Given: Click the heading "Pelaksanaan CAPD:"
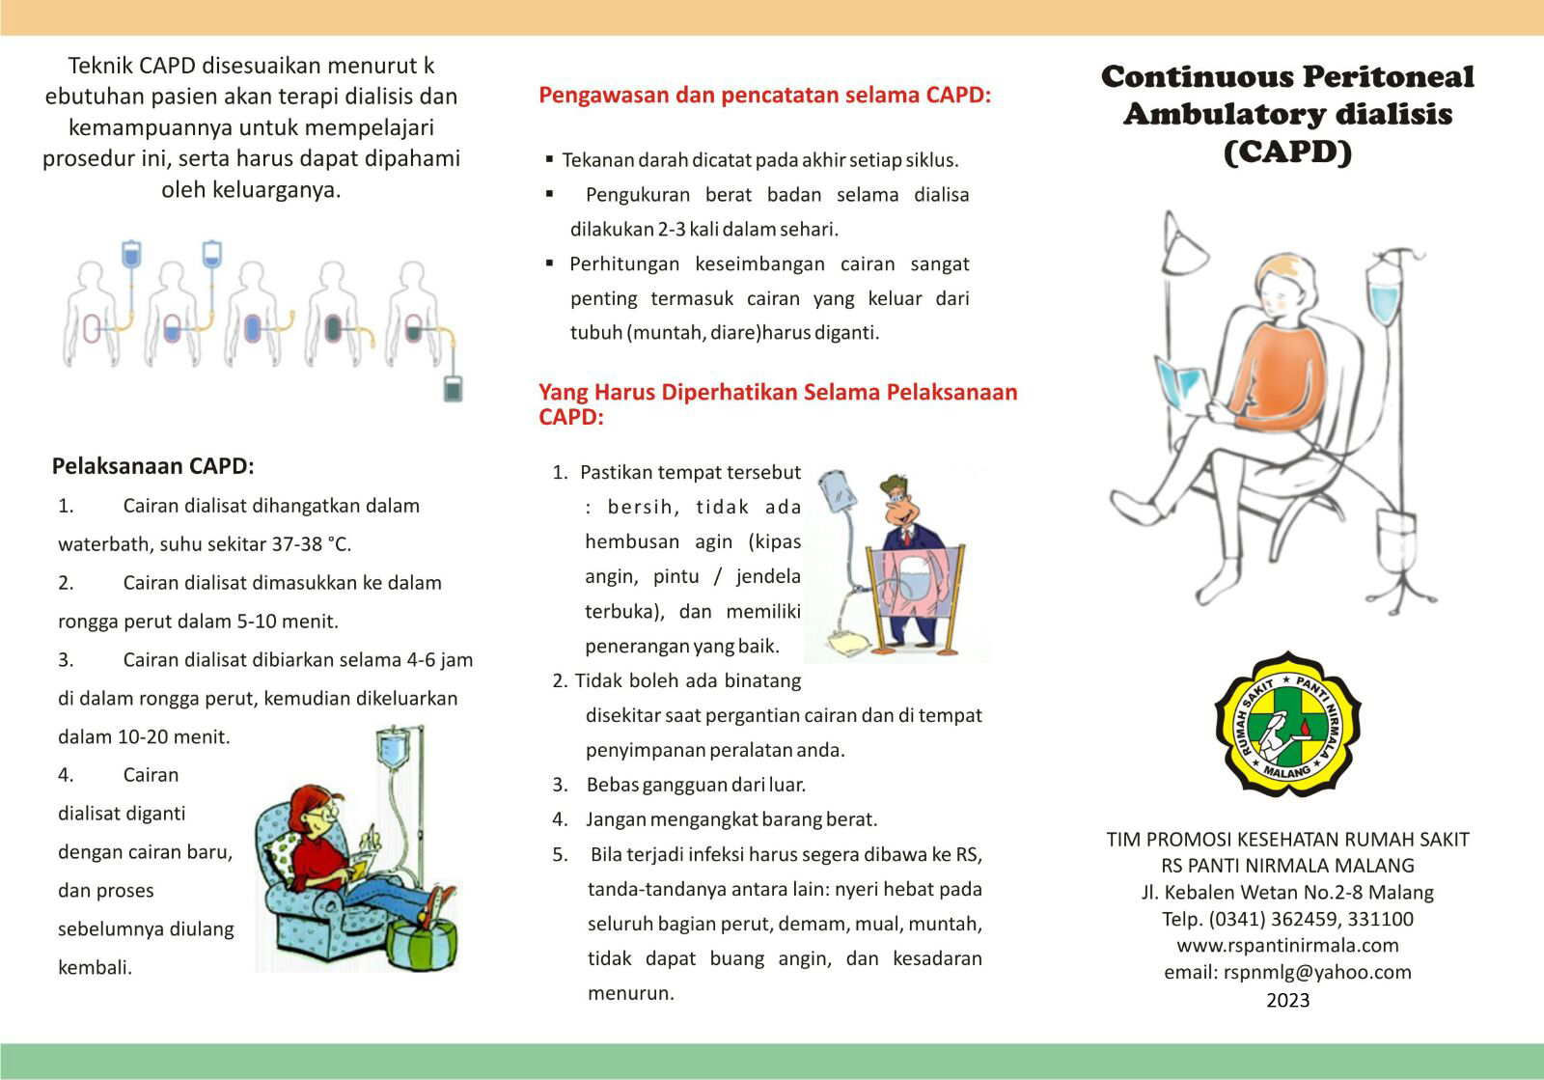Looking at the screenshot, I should click(x=152, y=466).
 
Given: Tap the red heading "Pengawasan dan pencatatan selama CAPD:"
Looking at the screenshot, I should click(x=764, y=96).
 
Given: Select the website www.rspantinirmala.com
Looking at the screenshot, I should click(x=1287, y=946).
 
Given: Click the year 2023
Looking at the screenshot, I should click(x=1287, y=1000).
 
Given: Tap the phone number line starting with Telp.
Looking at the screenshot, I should click(x=1287, y=919).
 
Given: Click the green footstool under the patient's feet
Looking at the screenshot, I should click(x=422, y=943).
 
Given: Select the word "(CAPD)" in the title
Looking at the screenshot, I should click(x=1287, y=152).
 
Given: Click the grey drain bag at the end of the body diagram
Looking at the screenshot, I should click(x=453, y=388).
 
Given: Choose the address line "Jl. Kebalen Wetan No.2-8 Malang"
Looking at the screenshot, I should click(x=1287, y=892).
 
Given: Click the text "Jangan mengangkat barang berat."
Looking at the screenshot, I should click(x=731, y=819).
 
